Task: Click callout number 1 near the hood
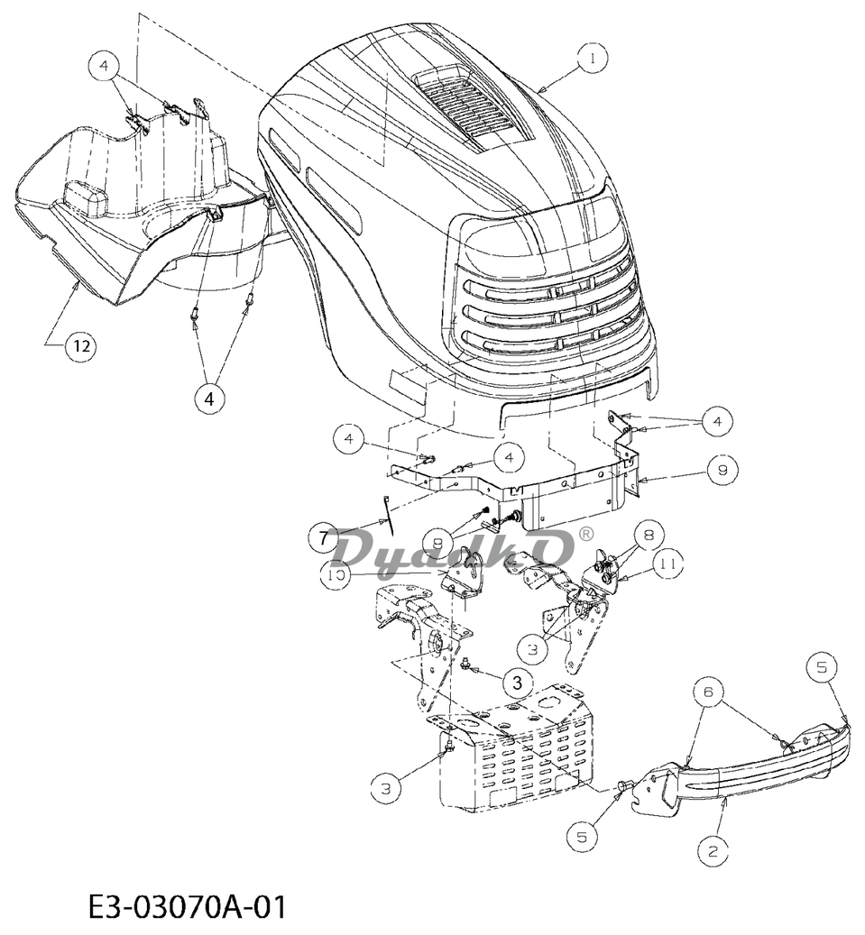592,59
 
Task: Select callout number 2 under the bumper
713,851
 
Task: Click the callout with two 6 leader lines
708,692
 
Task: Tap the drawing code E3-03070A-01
188,906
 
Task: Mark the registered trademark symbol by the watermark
586,534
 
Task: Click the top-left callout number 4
105,67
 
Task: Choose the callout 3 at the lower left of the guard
385,789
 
